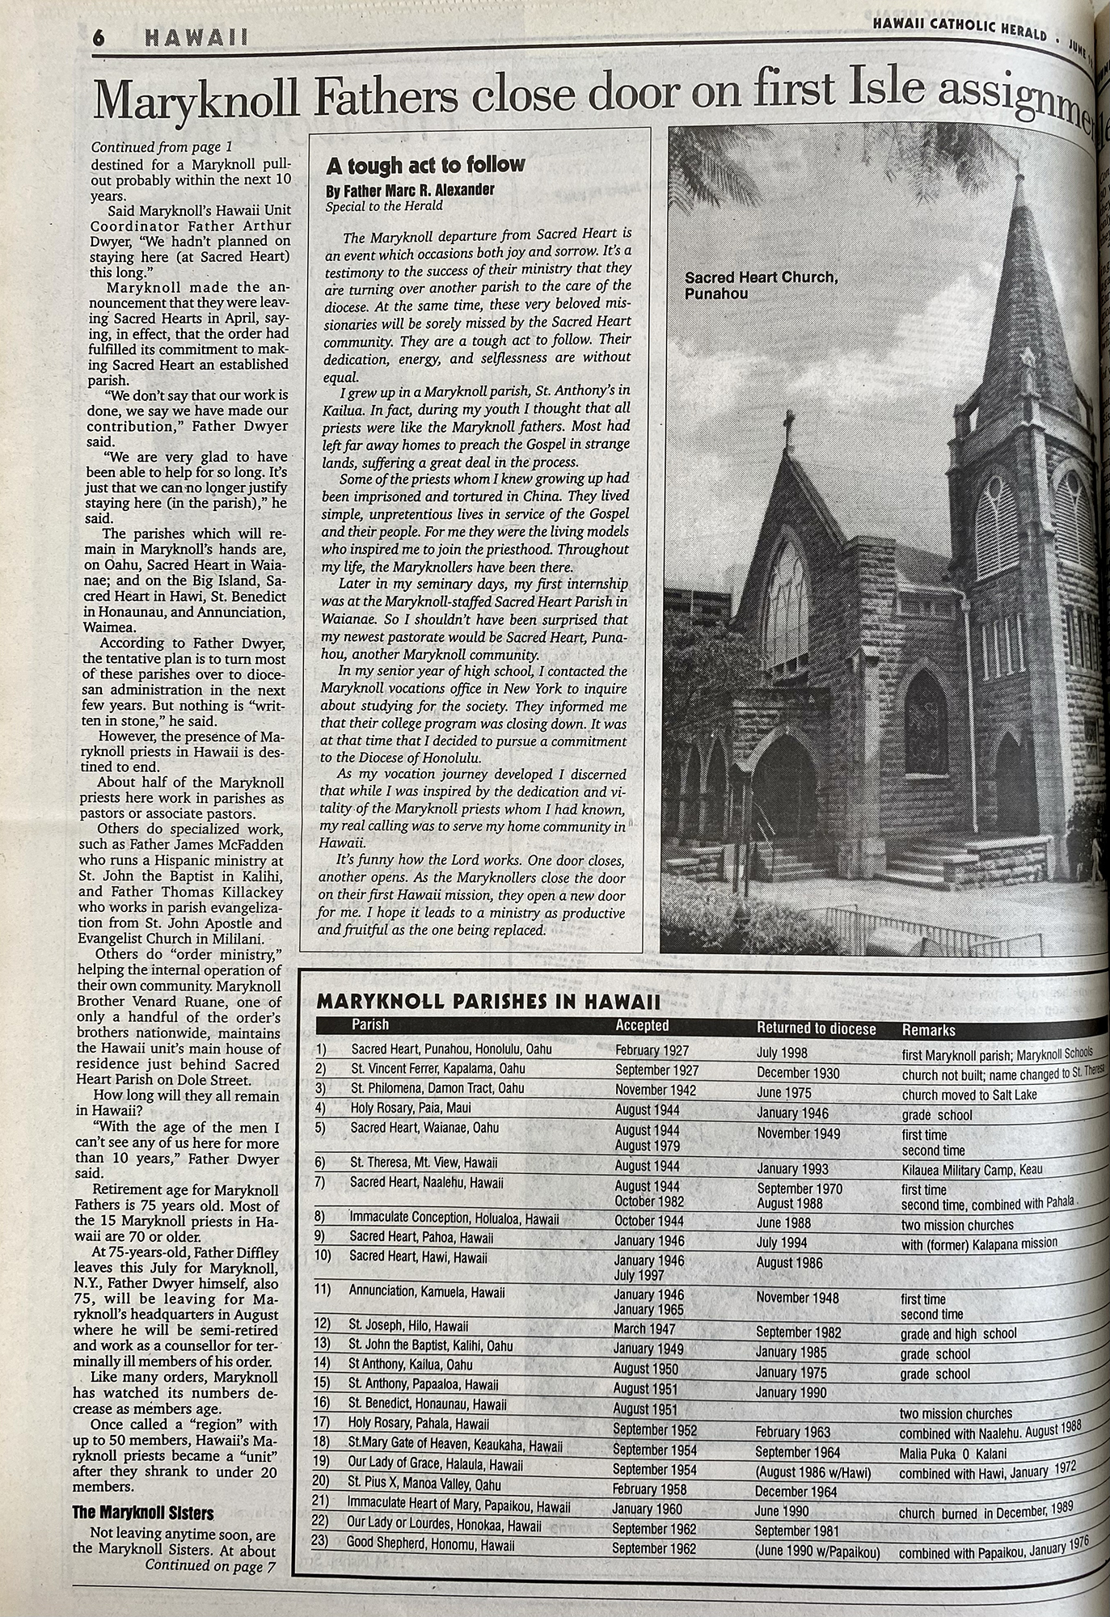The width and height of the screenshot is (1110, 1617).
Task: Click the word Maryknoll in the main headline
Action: (191, 100)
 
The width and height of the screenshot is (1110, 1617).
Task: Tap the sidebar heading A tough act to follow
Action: (425, 165)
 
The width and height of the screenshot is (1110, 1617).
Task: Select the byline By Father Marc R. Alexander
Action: (410, 190)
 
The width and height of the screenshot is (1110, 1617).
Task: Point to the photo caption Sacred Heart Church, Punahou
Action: (761, 285)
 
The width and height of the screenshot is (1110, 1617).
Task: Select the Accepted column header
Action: (642, 1025)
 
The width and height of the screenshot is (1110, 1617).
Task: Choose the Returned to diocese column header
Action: (816, 1028)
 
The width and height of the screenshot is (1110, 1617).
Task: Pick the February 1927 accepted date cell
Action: (652, 1050)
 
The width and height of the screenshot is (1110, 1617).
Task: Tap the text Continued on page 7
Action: (209, 1567)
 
